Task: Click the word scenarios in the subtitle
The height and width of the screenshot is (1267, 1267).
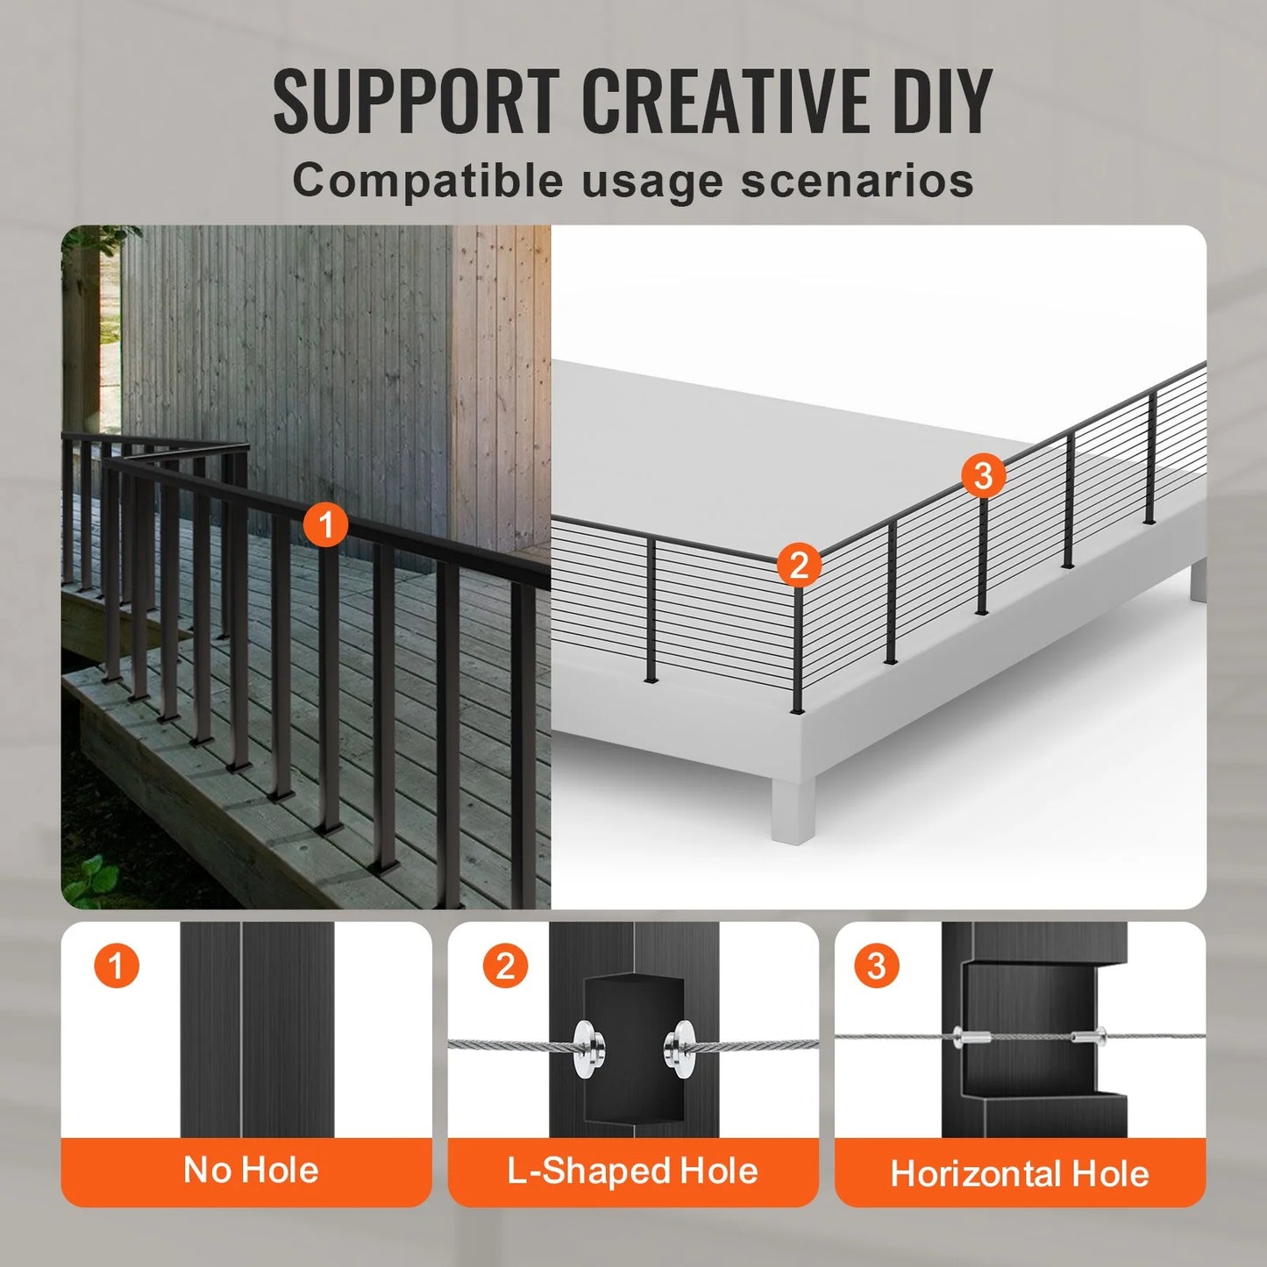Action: [x=857, y=181]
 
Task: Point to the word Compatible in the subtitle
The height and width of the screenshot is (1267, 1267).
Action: [x=428, y=181]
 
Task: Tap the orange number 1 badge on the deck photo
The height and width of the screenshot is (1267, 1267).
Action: [x=326, y=524]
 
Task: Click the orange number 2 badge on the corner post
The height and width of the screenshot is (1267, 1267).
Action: [x=799, y=565]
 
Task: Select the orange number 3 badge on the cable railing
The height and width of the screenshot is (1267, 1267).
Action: [x=983, y=475]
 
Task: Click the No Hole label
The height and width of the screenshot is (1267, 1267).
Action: [x=251, y=1171]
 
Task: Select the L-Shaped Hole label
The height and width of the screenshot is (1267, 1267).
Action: [x=632, y=1171]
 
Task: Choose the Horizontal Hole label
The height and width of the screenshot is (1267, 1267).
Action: [x=1020, y=1173]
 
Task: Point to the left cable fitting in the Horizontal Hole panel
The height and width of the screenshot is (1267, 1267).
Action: [x=970, y=1037]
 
